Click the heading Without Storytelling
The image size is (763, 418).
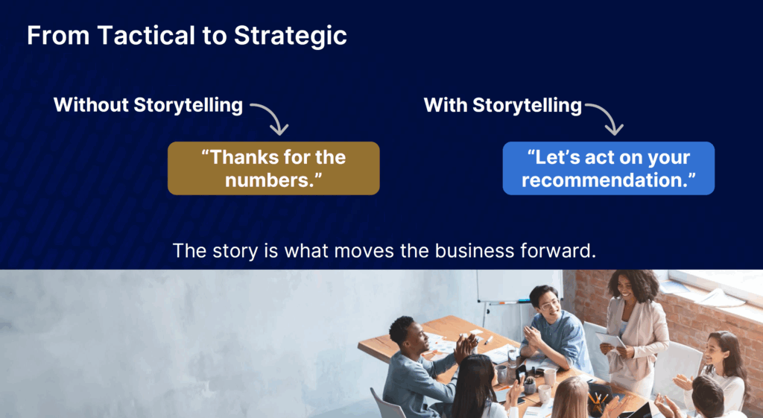click(148, 105)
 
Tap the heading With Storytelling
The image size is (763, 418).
click(502, 105)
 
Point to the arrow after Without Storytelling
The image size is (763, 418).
click(271, 118)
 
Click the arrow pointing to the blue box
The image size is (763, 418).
click(606, 118)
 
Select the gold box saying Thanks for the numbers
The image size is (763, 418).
click(273, 168)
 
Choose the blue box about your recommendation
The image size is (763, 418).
click(608, 168)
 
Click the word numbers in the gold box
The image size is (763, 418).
click(273, 180)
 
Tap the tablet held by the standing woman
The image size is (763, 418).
click(610, 340)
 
